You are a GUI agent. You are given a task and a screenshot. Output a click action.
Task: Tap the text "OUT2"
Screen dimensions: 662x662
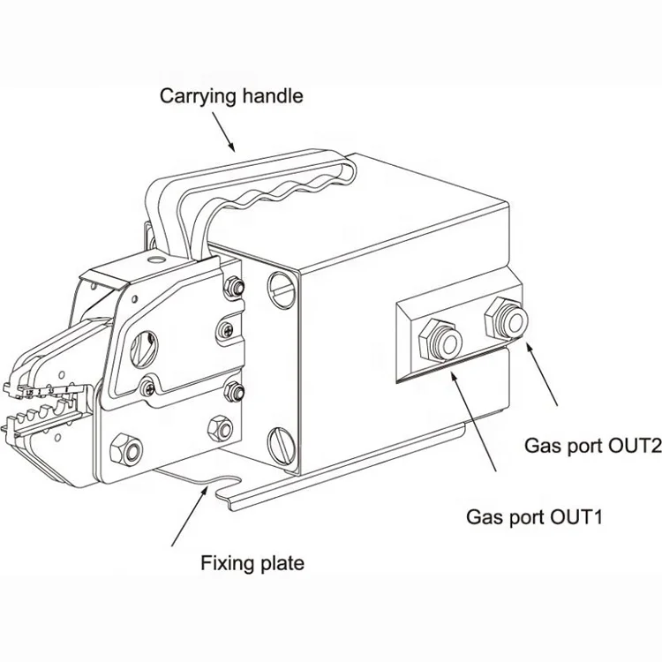pos(630,448)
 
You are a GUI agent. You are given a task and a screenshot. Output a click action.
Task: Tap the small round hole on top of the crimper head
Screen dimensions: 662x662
pos(155,261)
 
